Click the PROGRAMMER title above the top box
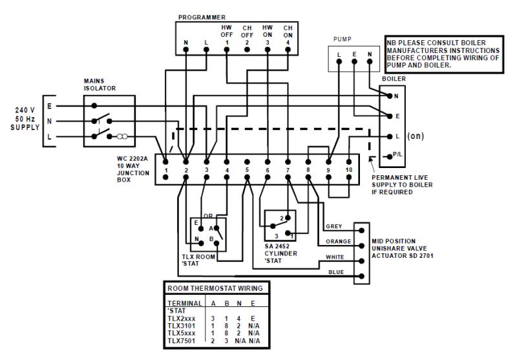[201, 17]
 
